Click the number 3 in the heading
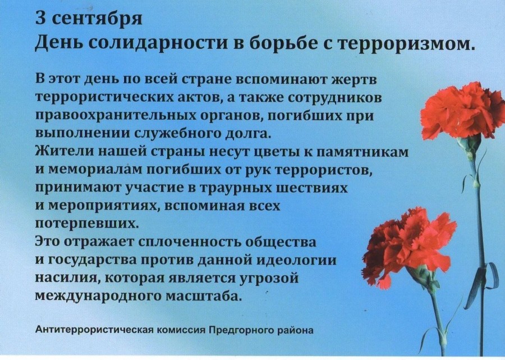point(40,18)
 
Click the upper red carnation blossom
point(462,110)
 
